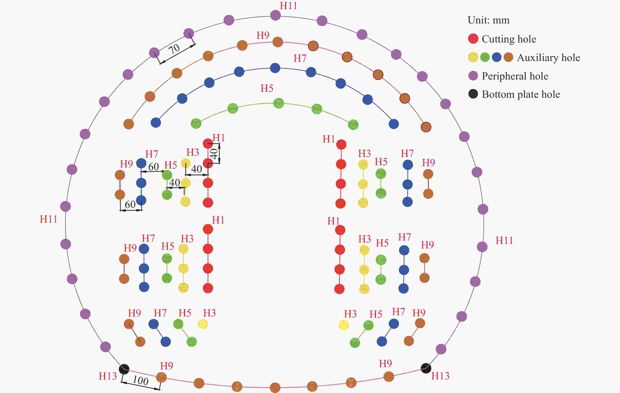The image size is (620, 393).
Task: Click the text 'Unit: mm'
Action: click(488, 20)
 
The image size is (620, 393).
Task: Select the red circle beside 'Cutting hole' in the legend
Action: click(473, 39)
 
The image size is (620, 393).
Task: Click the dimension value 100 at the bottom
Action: click(141, 380)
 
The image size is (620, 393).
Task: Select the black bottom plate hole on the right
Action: click(426, 368)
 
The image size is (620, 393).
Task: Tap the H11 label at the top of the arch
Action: click(288, 6)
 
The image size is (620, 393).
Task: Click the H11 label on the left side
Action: click(48, 219)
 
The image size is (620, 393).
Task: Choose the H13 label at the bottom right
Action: click(440, 376)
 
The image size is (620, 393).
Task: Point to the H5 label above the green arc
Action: click(267, 88)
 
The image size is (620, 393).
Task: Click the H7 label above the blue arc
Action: click(300, 58)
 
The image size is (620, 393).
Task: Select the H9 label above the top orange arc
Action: click(263, 35)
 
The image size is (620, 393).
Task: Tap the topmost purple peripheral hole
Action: click(275, 15)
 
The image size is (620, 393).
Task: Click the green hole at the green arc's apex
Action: click(278, 103)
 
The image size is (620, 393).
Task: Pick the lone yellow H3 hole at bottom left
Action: click(203, 324)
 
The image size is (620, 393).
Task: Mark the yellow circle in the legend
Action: click(473, 57)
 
